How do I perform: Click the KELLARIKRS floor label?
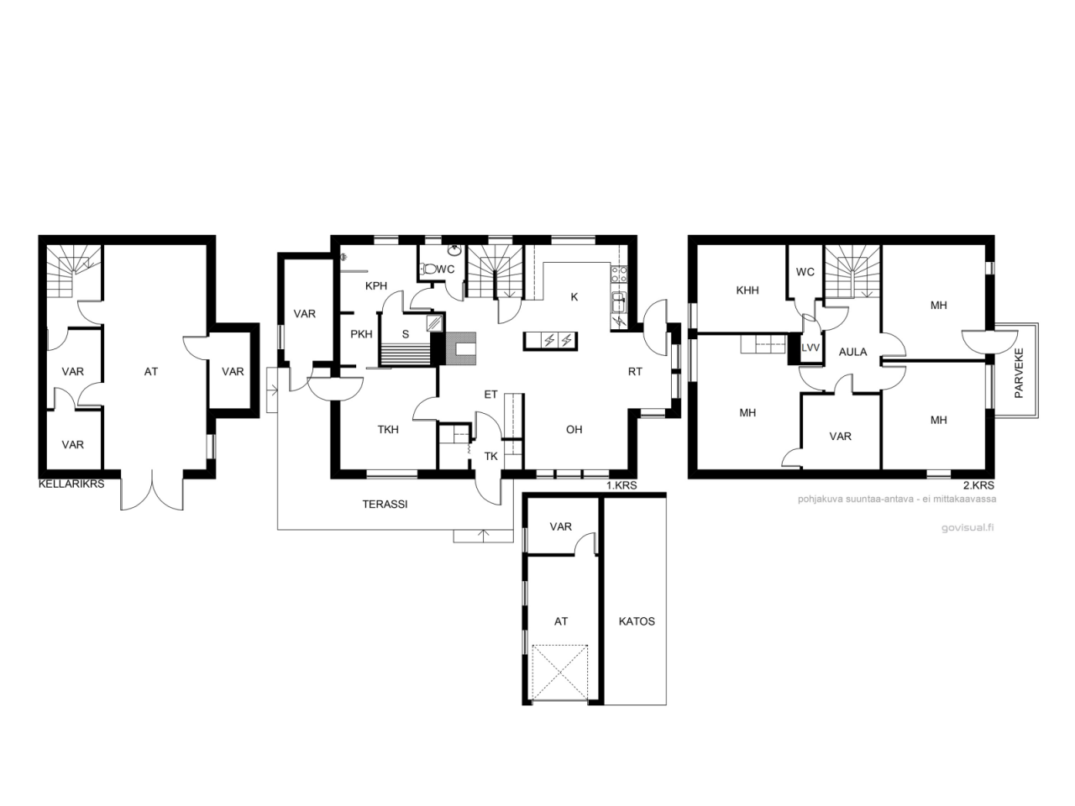pos(71,484)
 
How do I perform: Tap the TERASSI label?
pos(385,504)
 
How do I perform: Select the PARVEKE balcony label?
pos(1020,373)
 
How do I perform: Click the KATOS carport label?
pos(637,621)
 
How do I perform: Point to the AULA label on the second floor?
pos(852,352)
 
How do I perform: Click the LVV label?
pos(810,348)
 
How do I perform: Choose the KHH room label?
pos(747,290)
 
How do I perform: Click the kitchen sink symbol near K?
pos(619,301)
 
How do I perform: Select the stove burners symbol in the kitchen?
pos(619,274)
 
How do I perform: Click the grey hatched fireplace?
pos(460,348)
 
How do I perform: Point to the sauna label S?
pos(406,335)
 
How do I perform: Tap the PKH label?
pos(361,334)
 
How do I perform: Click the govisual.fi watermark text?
pos(967,527)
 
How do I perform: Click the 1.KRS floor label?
pos(621,485)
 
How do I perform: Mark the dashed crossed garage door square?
pos(560,673)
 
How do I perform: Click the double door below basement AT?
pos(152,490)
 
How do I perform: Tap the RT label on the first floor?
pos(635,372)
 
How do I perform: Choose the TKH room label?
pos(388,430)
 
